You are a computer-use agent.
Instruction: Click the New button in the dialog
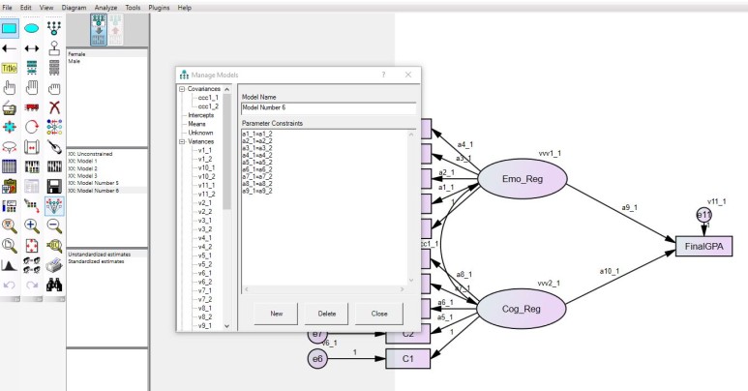pos(276,314)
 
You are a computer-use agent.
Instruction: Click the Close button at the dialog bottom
pos(378,314)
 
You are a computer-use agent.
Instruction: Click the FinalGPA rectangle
pos(710,246)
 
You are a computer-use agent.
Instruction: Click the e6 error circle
pos(317,359)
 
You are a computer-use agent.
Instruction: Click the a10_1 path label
pos(613,270)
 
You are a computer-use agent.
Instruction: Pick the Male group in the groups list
pos(75,61)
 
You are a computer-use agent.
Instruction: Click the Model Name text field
pos(328,108)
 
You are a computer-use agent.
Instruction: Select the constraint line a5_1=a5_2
pos(256,161)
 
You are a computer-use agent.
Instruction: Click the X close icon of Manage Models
pos(407,74)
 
